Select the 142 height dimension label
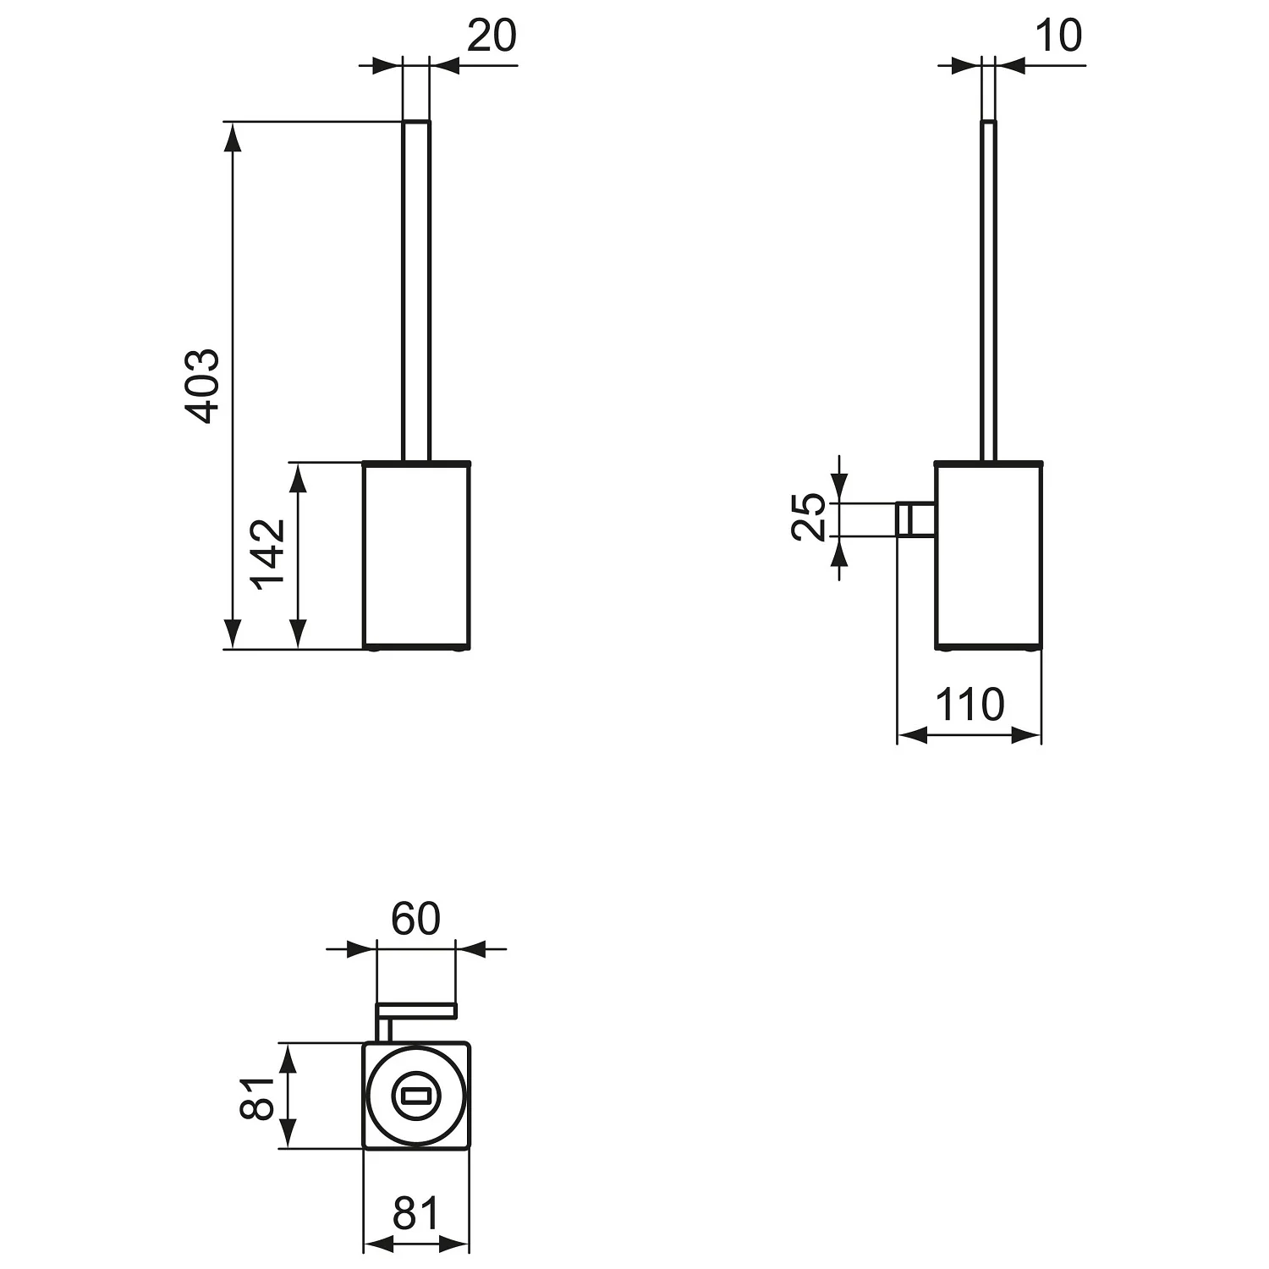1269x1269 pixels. click(x=269, y=554)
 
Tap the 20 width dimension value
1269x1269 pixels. click(x=492, y=36)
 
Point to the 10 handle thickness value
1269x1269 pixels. click(x=1057, y=36)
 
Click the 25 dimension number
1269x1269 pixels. click(x=809, y=516)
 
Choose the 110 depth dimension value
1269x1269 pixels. click(x=970, y=704)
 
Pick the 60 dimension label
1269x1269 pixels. click(x=415, y=919)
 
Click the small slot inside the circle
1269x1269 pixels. click(x=416, y=1096)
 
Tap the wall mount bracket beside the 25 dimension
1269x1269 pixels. click(x=915, y=519)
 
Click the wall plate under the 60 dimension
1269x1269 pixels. click(x=416, y=1008)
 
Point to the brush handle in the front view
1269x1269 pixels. click(x=416, y=291)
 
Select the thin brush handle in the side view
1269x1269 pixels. click(x=989, y=291)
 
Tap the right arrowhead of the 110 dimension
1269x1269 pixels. click(x=1026, y=735)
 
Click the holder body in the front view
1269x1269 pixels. click(x=416, y=556)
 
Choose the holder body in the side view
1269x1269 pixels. click(x=989, y=556)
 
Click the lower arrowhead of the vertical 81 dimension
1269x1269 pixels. click(x=288, y=1134)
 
